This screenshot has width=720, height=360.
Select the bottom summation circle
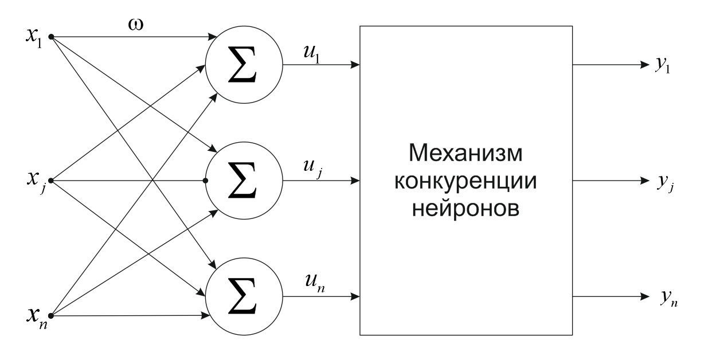pyautogui.click(x=244, y=298)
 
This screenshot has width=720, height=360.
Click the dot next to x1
pyautogui.click(x=52, y=37)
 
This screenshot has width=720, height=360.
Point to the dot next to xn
pyautogui.click(x=52, y=315)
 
